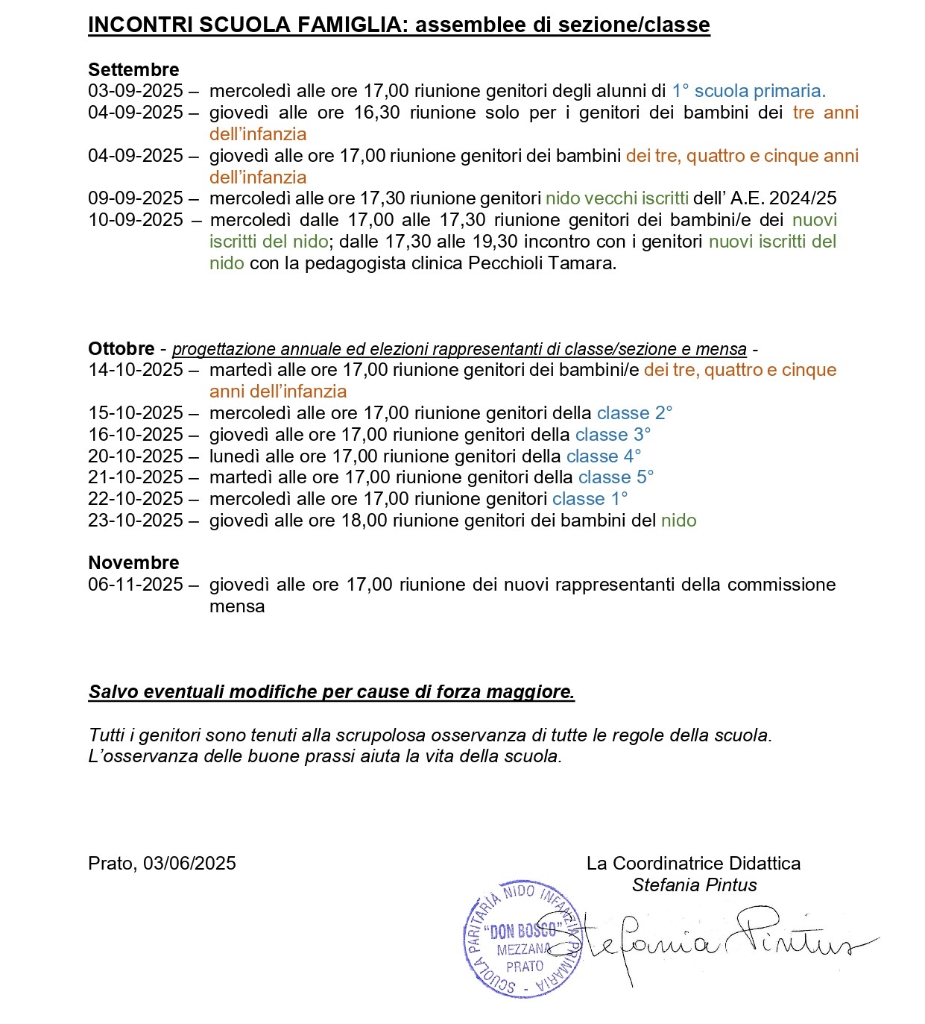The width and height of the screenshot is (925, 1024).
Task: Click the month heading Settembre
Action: coord(133,70)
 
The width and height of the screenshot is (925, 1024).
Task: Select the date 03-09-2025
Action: coord(136,91)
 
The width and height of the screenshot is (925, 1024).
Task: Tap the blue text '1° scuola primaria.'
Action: coord(748,91)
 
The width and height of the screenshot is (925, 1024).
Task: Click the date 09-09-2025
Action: coord(136,198)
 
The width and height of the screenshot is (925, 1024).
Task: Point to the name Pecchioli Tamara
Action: coord(542,263)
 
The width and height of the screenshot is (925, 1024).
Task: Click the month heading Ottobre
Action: coord(121,349)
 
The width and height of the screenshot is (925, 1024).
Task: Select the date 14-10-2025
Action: coord(136,370)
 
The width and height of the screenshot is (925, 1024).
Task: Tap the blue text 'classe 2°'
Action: coord(634,413)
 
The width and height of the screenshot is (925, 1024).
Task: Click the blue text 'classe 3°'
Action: coord(613,435)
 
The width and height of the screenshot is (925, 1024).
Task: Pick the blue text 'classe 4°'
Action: coord(604,456)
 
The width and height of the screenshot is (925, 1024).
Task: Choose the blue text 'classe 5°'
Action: coord(616,477)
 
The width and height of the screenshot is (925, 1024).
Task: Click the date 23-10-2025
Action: coord(136,521)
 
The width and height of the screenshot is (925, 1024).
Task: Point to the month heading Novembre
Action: coord(133,563)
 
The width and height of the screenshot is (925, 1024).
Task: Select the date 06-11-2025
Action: coord(136,585)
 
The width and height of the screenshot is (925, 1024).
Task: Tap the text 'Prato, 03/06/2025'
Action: coord(162,864)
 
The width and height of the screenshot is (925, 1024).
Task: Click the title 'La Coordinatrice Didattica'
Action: coord(693,864)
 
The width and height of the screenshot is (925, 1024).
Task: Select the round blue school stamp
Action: coord(521,939)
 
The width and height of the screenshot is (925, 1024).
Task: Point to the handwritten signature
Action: coord(716,943)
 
